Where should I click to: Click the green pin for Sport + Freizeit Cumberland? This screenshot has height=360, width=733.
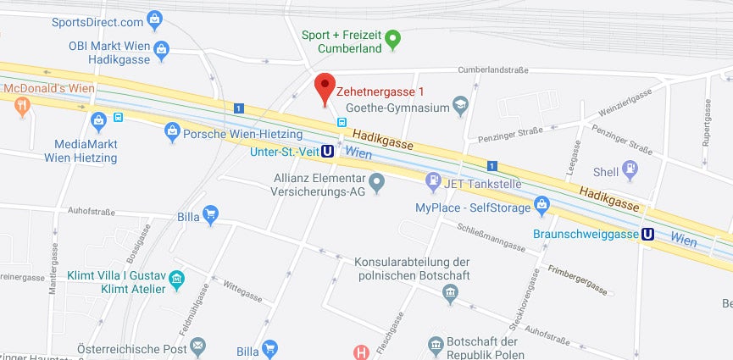pyautogui.click(x=392, y=38)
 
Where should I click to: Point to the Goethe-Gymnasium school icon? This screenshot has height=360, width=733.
pyautogui.click(x=460, y=107)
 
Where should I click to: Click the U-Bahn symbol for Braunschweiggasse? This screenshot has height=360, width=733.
pyautogui.click(x=648, y=235)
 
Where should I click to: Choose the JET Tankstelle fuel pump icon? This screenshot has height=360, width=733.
pyautogui.click(x=432, y=180)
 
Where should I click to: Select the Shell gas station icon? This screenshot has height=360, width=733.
pyautogui.click(x=630, y=171)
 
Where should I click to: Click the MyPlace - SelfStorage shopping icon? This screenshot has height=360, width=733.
pyautogui.click(x=542, y=206)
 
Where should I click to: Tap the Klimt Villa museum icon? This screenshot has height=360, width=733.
pyautogui.click(x=176, y=279)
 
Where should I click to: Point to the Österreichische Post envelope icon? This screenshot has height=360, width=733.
pyautogui.click(x=197, y=346)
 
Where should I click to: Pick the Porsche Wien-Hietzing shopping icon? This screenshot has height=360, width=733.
pyautogui.click(x=172, y=130)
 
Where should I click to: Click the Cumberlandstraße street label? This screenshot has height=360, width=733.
pyautogui.click(x=486, y=71)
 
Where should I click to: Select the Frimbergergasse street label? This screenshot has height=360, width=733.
pyautogui.click(x=578, y=280)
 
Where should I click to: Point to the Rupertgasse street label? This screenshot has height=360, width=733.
pyautogui.click(x=705, y=123)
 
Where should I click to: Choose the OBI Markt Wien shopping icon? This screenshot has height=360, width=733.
pyautogui.click(x=164, y=52)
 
